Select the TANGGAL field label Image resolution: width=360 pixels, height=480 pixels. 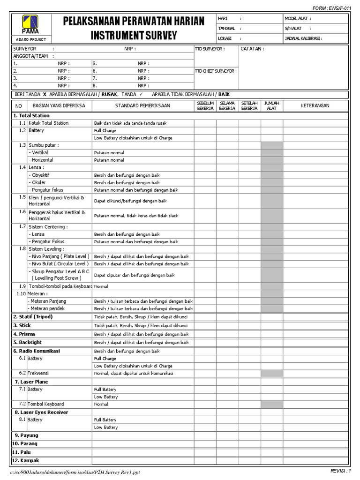pyautogui.click(x=226, y=29)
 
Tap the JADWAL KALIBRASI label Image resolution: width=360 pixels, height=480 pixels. pyautogui.click(x=303, y=39)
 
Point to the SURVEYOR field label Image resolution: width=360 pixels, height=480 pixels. pyautogui.click(x=25, y=49)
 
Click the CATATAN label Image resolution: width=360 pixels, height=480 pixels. pyautogui.click(x=252, y=49)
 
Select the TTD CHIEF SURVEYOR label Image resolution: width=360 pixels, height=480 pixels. pyautogui.click(x=216, y=71)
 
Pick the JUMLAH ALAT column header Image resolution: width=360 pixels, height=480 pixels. pyautogui.click(x=271, y=105)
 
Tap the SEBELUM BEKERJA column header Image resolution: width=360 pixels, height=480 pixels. pyautogui.click(x=205, y=105)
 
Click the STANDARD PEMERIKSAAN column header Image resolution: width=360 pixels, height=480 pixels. pyautogui.click(x=143, y=106)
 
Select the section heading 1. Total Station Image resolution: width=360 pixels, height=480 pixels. pyautogui.click(x=31, y=115)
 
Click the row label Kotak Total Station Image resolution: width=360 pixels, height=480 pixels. pyautogui.click(x=48, y=123)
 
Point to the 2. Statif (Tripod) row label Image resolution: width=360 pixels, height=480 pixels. pyautogui.click(x=33, y=317)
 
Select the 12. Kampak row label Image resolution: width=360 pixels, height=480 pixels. pyautogui.click(x=27, y=461)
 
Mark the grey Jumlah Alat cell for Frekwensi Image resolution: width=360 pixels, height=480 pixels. pyautogui.click(x=271, y=374)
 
